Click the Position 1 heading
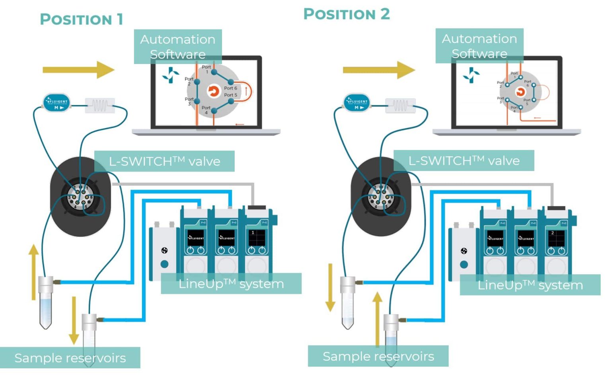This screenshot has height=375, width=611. point(82,19)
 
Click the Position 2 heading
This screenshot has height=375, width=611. point(346,14)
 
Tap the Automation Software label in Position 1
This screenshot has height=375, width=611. point(177,46)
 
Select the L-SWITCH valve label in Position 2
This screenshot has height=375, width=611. point(464,161)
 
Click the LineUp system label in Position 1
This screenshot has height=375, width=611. point(231,284)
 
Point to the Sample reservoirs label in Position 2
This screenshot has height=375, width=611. point(378,356)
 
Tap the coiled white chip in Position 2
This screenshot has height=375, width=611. point(401,105)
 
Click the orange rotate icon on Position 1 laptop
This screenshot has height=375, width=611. point(214,91)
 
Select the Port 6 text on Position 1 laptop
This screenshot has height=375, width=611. point(230,88)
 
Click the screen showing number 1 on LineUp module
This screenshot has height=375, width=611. point(257,237)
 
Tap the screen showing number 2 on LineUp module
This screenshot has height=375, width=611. point(556,238)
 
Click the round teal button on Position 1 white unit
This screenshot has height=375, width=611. point(164,264)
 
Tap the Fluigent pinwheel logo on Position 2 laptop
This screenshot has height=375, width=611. point(471,75)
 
